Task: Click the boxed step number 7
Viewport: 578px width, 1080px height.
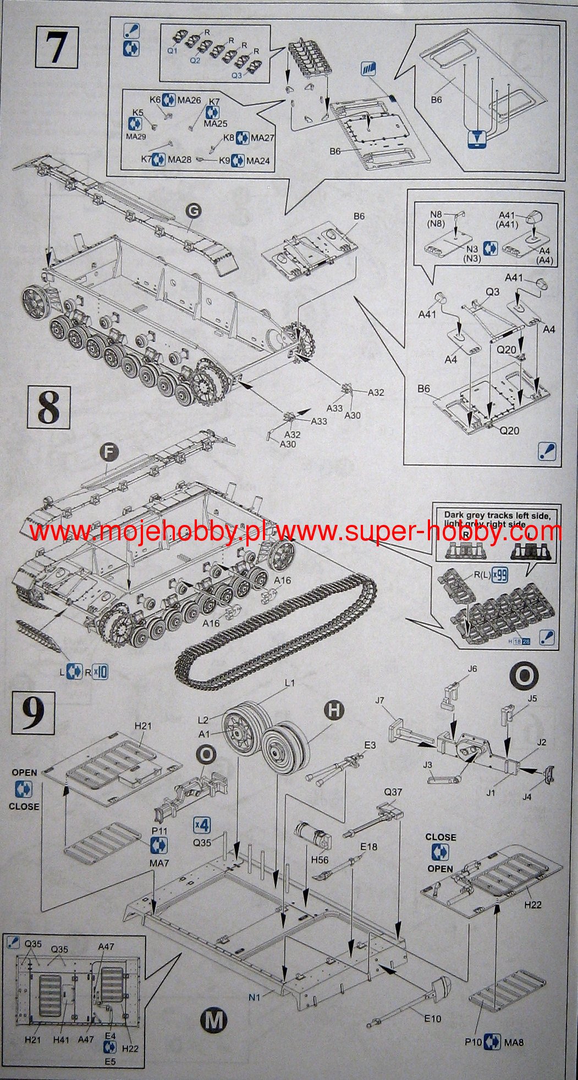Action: click(x=57, y=48)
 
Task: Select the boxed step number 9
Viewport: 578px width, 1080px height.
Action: click(x=34, y=713)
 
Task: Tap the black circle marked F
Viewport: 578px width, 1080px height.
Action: click(x=109, y=452)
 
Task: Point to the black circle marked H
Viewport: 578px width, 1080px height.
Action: click(x=333, y=710)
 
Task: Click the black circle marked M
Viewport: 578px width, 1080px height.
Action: click(x=213, y=1021)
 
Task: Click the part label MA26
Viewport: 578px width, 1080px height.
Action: click(x=189, y=100)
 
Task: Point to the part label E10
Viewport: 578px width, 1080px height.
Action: click(x=432, y=1018)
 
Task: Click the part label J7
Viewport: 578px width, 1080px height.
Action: click(x=379, y=701)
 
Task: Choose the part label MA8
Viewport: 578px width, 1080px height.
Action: click(x=514, y=1041)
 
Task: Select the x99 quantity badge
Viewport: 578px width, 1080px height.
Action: click(x=500, y=574)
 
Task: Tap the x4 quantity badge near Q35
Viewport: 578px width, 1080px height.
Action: click(x=202, y=825)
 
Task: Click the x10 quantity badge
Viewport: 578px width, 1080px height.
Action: click(x=100, y=671)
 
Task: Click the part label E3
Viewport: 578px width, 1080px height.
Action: click(x=370, y=745)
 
